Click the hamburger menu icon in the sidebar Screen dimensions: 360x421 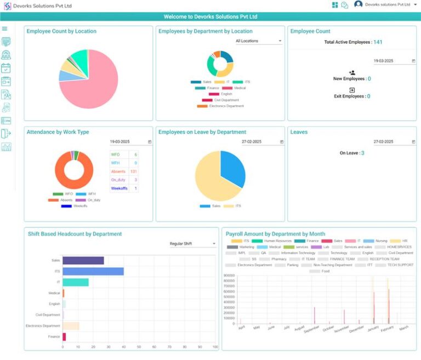coord(5,28)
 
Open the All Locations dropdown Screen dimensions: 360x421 coord(258,41)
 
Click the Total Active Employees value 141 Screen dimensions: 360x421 coord(378,42)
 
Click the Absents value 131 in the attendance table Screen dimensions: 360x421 coord(133,172)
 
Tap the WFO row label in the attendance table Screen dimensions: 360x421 coord(116,155)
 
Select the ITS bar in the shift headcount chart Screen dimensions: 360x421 coord(93,271)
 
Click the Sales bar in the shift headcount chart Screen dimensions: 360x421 coord(83,260)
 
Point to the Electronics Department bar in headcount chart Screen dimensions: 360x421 coord(71,326)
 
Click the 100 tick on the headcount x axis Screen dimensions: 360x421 coord(215,347)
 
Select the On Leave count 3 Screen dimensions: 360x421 coord(362,153)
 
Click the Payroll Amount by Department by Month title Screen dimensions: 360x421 coord(275,234)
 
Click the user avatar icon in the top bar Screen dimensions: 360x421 coord(359,4)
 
